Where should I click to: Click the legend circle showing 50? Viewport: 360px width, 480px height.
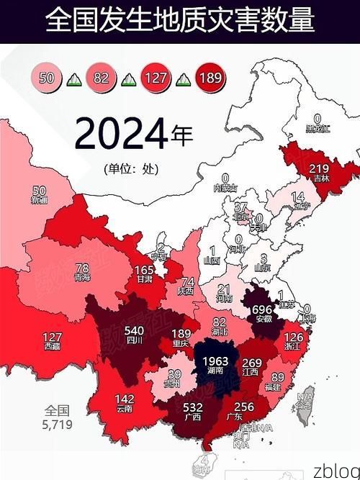pos(48,77)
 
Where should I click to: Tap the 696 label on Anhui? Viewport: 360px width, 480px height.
pos(261,309)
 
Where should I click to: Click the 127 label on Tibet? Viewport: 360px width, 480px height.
pos(52,337)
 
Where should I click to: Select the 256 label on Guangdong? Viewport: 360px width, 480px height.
pos(243,407)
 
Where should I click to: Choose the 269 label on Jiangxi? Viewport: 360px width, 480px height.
pos(251,363)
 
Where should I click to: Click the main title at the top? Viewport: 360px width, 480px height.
pos(180,21)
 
